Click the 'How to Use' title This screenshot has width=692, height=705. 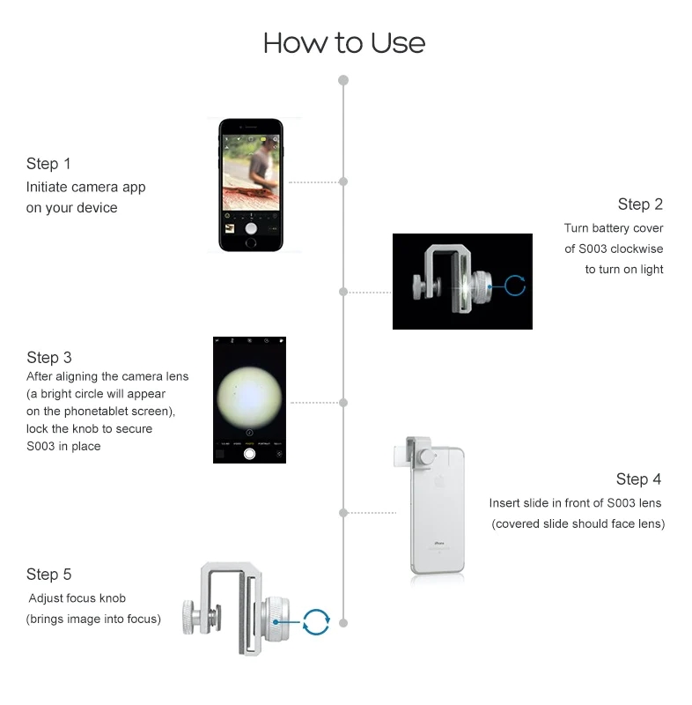pos(344,43)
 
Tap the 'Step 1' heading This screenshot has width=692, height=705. pos(48,164)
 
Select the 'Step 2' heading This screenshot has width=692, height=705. pos(640,204)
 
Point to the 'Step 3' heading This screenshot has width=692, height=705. pos(49,358)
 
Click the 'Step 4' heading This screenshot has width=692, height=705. pos(638,479)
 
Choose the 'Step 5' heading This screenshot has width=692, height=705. pos(49,575)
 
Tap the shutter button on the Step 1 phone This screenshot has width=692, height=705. pos(251,228)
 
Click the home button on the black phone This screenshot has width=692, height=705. pos(251,243)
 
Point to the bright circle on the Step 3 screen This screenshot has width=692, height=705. pos(250,397)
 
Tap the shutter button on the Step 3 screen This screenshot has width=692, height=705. pos(249,454)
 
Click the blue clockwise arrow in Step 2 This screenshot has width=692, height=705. pos(515,286)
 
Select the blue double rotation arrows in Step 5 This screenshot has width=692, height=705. pos(316,622)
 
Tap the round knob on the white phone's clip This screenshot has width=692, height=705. pos(426,457)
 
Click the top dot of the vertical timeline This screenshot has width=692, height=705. pos(343,80)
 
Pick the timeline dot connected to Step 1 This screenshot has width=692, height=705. pos(343,182)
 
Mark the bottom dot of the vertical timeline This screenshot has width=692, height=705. pos(343,623)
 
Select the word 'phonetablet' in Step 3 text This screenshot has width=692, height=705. pos(96,412)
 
